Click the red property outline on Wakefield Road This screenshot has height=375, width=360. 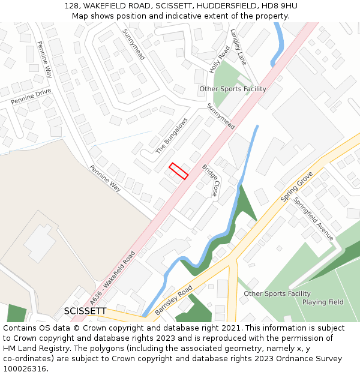pos(178,171)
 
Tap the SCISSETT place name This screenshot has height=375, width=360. pos(85,311)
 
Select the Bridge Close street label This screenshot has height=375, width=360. pos(210,181)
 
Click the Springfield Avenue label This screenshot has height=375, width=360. pos(313,219)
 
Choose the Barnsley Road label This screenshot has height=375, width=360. pos(173,301)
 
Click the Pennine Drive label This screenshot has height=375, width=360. pos(31,96)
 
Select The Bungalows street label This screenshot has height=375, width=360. pos(172,136)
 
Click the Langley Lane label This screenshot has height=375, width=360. pos(238,47)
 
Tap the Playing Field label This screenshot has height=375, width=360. pos(323,302)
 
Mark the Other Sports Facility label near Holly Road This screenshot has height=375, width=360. pos(233,89)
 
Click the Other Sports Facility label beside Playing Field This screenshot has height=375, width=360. pos(277,293)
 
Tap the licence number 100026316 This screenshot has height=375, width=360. pos(24,369)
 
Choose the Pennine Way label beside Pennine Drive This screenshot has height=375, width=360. pos(45,59)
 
